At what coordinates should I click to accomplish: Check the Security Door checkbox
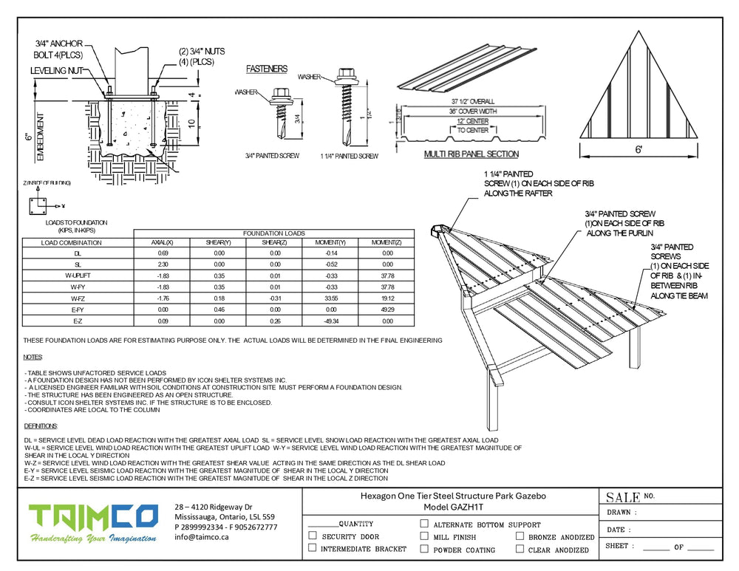(x=313, y=536)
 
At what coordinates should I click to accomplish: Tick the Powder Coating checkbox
(x=424, y=549)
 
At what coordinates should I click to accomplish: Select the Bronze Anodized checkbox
(x=520, y=536)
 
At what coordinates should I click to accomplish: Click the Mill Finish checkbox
(x=424, y=536)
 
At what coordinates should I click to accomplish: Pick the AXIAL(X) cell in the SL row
(x=162, y=264)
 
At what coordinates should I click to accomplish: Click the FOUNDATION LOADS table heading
(x=273, y=233)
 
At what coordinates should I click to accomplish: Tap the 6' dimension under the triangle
(x=638, y=150)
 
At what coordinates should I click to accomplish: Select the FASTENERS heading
(x=266, y=69)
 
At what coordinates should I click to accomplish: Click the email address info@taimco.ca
(x=201, y=538)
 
